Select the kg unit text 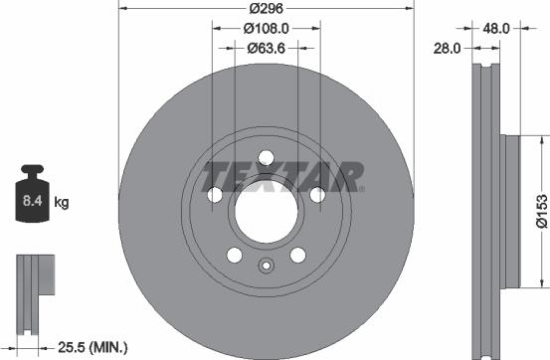(x=61, y=204)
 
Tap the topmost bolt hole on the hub (x=266, y=156)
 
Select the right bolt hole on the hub (x=317, y=194)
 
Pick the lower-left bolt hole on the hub (x=234, y=256)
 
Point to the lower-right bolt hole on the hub (x=297, y=256)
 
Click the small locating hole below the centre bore (x=266, y=267)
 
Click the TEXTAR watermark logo (x=283, y=177)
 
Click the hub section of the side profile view (x=508, y=210)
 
